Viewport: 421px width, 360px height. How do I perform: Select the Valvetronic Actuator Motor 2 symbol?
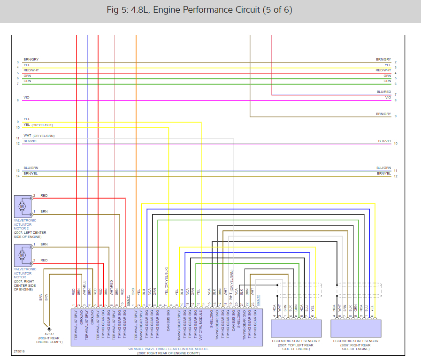click(22, 206)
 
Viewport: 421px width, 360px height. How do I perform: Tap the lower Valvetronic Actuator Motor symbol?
click(22, 255)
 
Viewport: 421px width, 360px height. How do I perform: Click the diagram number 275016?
click(19, 351)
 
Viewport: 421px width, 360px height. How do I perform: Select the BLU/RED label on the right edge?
click(383, 92)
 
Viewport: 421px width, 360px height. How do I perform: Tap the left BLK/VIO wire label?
click(30, 141)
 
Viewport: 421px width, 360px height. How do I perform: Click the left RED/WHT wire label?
click(31, 70)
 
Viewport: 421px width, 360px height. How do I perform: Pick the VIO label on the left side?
click(26, 97)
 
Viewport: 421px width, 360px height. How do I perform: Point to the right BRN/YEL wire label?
click(383, 174)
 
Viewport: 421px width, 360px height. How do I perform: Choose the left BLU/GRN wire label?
click(31, 168)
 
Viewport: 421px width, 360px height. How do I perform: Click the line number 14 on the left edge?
click(17, 176)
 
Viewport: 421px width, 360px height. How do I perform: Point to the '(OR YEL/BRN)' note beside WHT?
click(44, 136)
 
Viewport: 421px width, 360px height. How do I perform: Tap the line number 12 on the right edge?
click(396, 176)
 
